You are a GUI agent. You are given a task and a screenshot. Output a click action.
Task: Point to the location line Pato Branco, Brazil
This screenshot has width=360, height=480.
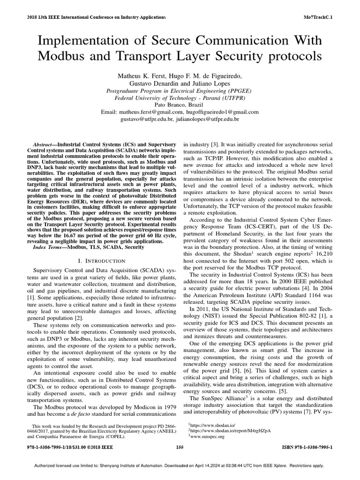(180, 105)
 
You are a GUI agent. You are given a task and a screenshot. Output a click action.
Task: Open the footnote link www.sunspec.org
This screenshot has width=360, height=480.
(208, 436)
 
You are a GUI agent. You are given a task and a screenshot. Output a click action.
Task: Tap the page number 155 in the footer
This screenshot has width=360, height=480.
(180, 447)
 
